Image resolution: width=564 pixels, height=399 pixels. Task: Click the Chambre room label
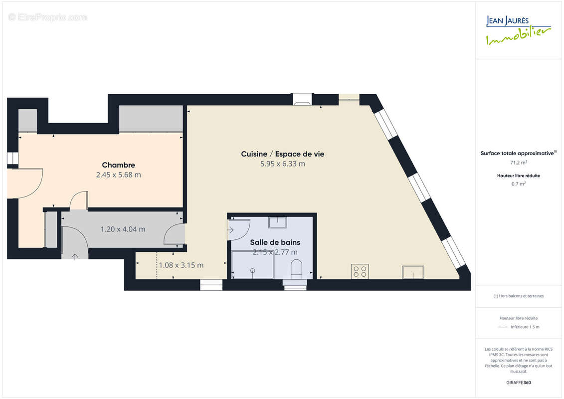point(118,165)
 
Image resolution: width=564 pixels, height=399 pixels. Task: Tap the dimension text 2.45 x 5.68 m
point(118,175)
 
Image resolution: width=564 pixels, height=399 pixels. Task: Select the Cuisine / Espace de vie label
point(282,154)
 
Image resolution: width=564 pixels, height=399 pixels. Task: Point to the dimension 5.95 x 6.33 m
point(282,164)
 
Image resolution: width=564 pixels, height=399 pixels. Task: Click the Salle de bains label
point(275,242)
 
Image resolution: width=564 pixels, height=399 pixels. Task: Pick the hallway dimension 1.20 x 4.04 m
point(123,229)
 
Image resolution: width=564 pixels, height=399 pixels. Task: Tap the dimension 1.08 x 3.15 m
point(181,265)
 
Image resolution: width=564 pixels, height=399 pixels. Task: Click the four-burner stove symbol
point(360,272)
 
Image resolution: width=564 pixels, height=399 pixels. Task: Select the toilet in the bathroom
point(296,269)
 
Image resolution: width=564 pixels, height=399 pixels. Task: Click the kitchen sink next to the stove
point(413,272)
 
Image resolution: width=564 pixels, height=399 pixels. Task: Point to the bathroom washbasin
point(278,222)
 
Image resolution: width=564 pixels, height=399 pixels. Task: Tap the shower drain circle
point(253,270)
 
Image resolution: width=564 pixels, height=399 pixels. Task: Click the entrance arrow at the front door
point(75,256)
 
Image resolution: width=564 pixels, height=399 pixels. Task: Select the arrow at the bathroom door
point(230,229)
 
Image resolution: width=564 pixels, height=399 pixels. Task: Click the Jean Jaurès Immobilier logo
point(518,30)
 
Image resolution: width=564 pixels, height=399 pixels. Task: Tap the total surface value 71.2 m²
point(518,163)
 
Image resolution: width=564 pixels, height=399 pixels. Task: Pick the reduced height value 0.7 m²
point(518,184)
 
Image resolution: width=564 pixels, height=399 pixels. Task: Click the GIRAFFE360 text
point(518,383)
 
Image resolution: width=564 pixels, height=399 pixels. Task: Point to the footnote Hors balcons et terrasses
point(518,296)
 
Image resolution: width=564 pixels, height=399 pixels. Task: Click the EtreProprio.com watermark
point(47,17)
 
